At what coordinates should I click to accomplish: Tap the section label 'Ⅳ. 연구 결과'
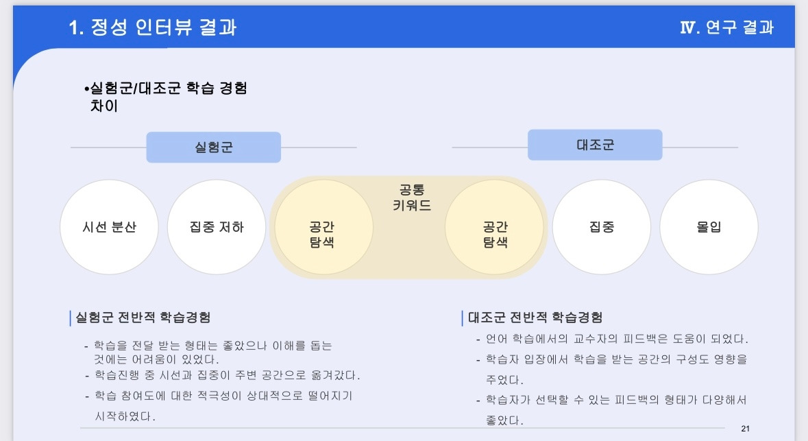click(726, 27)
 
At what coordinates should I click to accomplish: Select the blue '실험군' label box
click(213, 147)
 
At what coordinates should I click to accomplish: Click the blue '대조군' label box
click(595, 145)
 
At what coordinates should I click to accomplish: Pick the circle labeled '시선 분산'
click(109, 227)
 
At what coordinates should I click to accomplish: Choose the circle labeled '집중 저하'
click(217, 227)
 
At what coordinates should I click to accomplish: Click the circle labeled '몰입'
click(709, 227)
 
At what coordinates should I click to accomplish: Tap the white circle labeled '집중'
click(602, 227)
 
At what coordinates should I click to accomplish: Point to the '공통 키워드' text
click(412, 198)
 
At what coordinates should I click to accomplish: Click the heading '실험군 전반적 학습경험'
click(143, 318)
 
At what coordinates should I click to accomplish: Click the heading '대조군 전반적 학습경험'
click(535, 318)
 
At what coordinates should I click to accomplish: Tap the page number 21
click(746, 429)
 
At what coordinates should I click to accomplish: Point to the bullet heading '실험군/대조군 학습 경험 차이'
click(168, 97)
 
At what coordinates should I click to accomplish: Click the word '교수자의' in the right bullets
click(581, 339)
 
